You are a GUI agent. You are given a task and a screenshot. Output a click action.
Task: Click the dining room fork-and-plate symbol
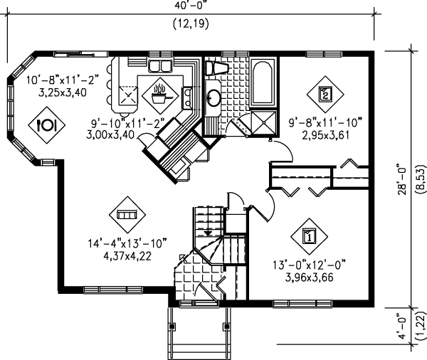(x=46, y=125)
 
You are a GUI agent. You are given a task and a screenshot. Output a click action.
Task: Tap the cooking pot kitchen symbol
(x=160, y=95)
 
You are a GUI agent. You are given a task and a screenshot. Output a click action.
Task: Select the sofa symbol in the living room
(x=127, y=215)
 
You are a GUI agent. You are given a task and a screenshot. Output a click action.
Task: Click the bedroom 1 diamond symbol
(x=309, y=236)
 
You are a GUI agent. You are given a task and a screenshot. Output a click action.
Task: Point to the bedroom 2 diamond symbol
(x=325, y=94)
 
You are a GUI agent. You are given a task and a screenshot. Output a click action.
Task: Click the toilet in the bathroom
(x=216, y=68)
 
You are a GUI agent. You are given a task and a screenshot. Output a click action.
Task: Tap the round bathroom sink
(x=213, y=97)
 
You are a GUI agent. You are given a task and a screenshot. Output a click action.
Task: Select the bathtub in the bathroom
(x=263, y=83)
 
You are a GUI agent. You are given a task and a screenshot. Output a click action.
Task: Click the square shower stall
(x=263, y=122)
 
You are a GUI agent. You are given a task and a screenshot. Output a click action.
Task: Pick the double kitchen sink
(x=159, y=65)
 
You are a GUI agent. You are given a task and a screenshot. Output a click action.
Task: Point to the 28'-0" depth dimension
(x=403, y=179)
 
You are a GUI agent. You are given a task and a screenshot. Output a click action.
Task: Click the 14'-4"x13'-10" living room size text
(x=127, y=243)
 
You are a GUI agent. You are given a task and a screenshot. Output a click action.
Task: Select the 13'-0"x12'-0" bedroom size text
(x=310, y=265)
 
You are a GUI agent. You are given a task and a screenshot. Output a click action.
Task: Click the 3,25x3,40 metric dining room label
(x=63, y=92)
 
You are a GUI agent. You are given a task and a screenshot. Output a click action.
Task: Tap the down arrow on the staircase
(x=208, y=233)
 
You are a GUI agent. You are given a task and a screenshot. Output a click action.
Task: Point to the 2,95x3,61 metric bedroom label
(x=325, y=135)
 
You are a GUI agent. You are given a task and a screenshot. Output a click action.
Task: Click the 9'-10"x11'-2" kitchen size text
(x=127, y=124)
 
